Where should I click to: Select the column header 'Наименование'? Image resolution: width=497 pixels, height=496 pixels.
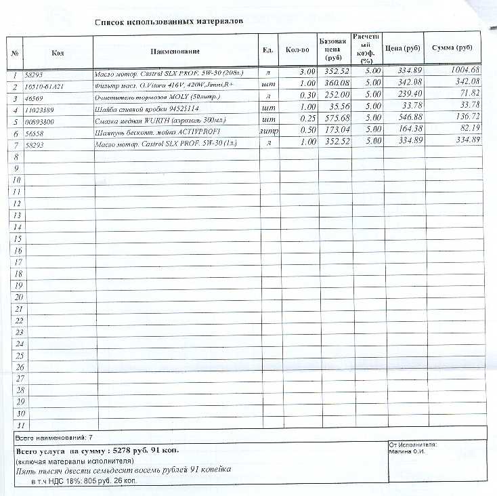tap(175, 51)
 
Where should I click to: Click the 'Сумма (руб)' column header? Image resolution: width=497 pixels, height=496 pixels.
tap(452, 49)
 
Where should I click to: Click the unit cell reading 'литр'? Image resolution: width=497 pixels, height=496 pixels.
tap(269, 130)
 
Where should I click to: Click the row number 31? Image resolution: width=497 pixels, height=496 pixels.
tap(18, 426)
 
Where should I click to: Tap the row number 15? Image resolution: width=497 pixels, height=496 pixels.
tap(18, 239)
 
